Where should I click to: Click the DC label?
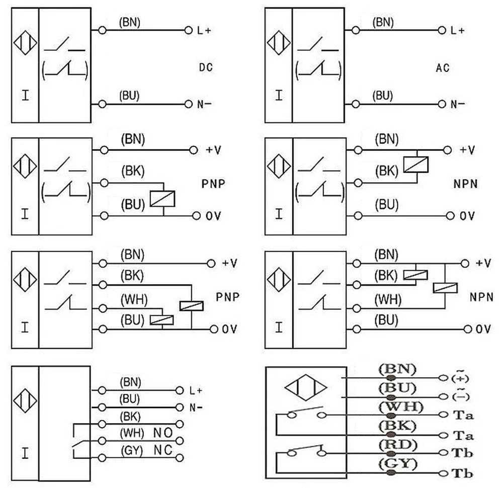tap(206, 68)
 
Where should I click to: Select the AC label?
tap(443, 68)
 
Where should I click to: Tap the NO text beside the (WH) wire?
tap(163, 433)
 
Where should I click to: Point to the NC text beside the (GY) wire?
tap(163, 450)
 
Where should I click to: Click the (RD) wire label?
tap(398, 445)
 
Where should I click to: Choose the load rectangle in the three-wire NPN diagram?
tap(416, 165)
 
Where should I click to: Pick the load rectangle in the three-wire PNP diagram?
tap(162, 199)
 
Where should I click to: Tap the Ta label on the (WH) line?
tap(463, 416)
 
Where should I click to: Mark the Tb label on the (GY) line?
tap(462, 473)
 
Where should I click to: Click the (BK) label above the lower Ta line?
tap(397, 426)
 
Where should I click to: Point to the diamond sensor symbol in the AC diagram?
tap(279, 43)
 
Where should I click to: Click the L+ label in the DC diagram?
tap(204, 31)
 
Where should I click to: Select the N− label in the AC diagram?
tap(458, 104)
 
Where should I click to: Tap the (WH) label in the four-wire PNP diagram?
tap(134, 300)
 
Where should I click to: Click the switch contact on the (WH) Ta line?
tap(306, 412)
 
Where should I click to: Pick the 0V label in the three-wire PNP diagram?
tap(213, 216)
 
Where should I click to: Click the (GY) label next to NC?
tap(132, 451)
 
